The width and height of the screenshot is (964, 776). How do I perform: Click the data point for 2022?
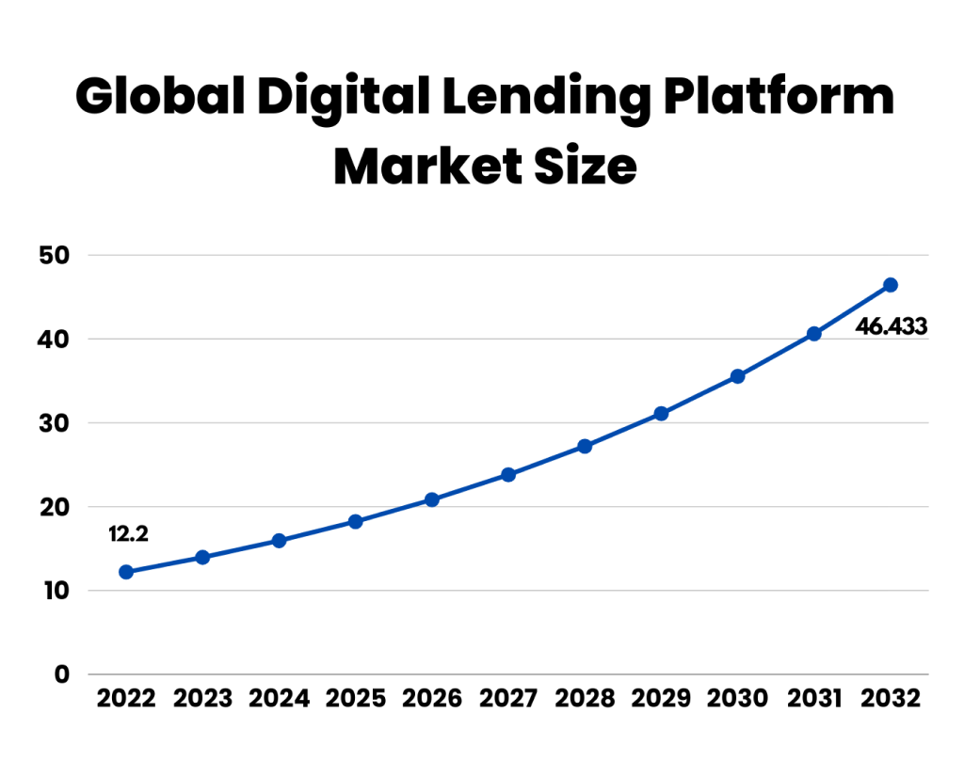(126, 572)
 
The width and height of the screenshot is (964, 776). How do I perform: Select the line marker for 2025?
(356, 521)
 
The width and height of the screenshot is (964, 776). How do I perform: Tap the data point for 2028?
(585, 446)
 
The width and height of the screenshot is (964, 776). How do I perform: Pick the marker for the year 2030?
(737, 376)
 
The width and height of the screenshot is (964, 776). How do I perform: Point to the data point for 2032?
(891, 285)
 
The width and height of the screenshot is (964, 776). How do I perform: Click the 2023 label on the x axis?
(202, 699)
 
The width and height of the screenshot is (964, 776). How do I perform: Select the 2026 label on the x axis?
(432, 699)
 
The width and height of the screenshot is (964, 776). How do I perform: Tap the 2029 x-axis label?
(661, 699)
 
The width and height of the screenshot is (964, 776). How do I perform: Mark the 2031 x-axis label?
(813, 699)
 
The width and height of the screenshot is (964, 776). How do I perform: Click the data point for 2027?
(508, 475)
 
